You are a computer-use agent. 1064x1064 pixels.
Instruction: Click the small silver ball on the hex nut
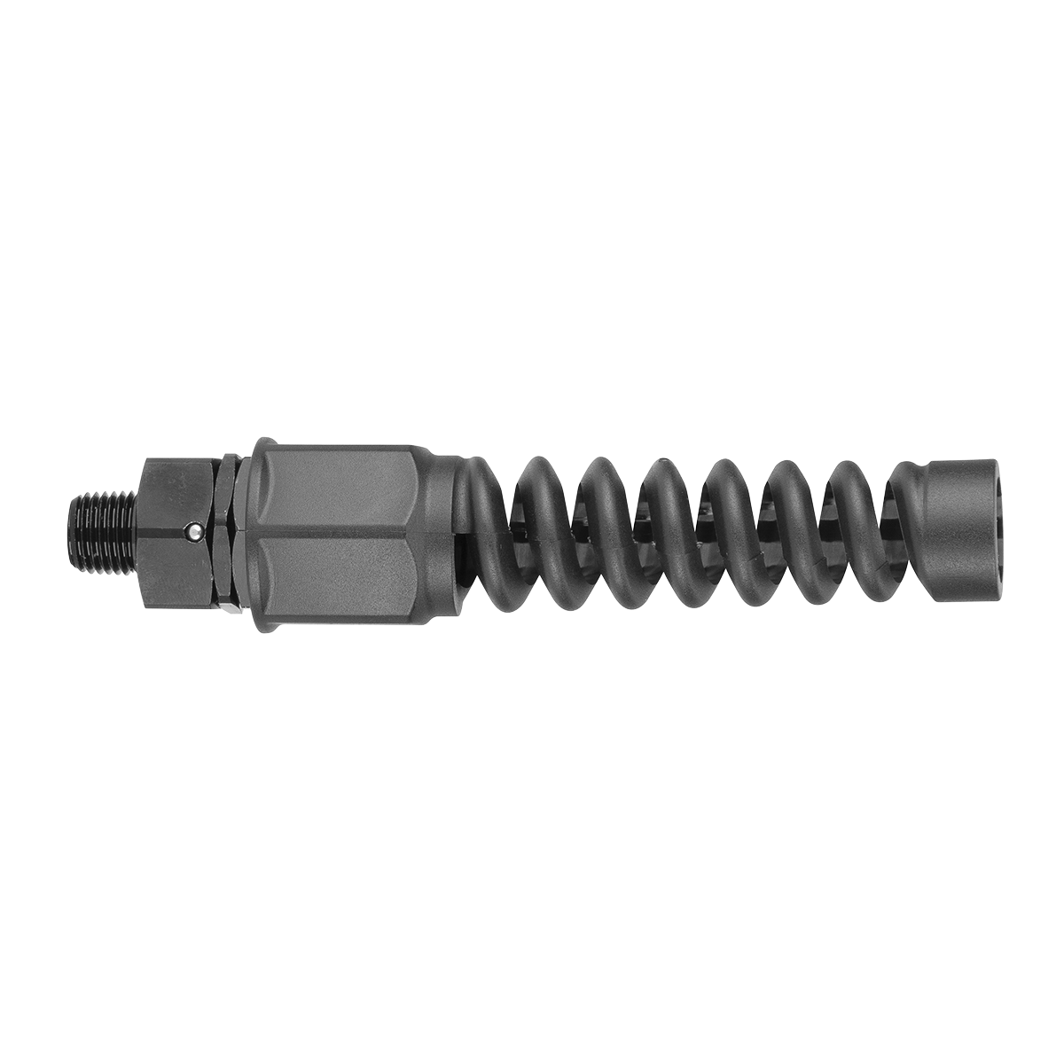[193, 531]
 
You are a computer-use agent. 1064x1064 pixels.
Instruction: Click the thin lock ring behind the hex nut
[229, 532]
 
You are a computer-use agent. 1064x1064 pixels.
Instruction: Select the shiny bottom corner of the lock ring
[232, 610]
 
